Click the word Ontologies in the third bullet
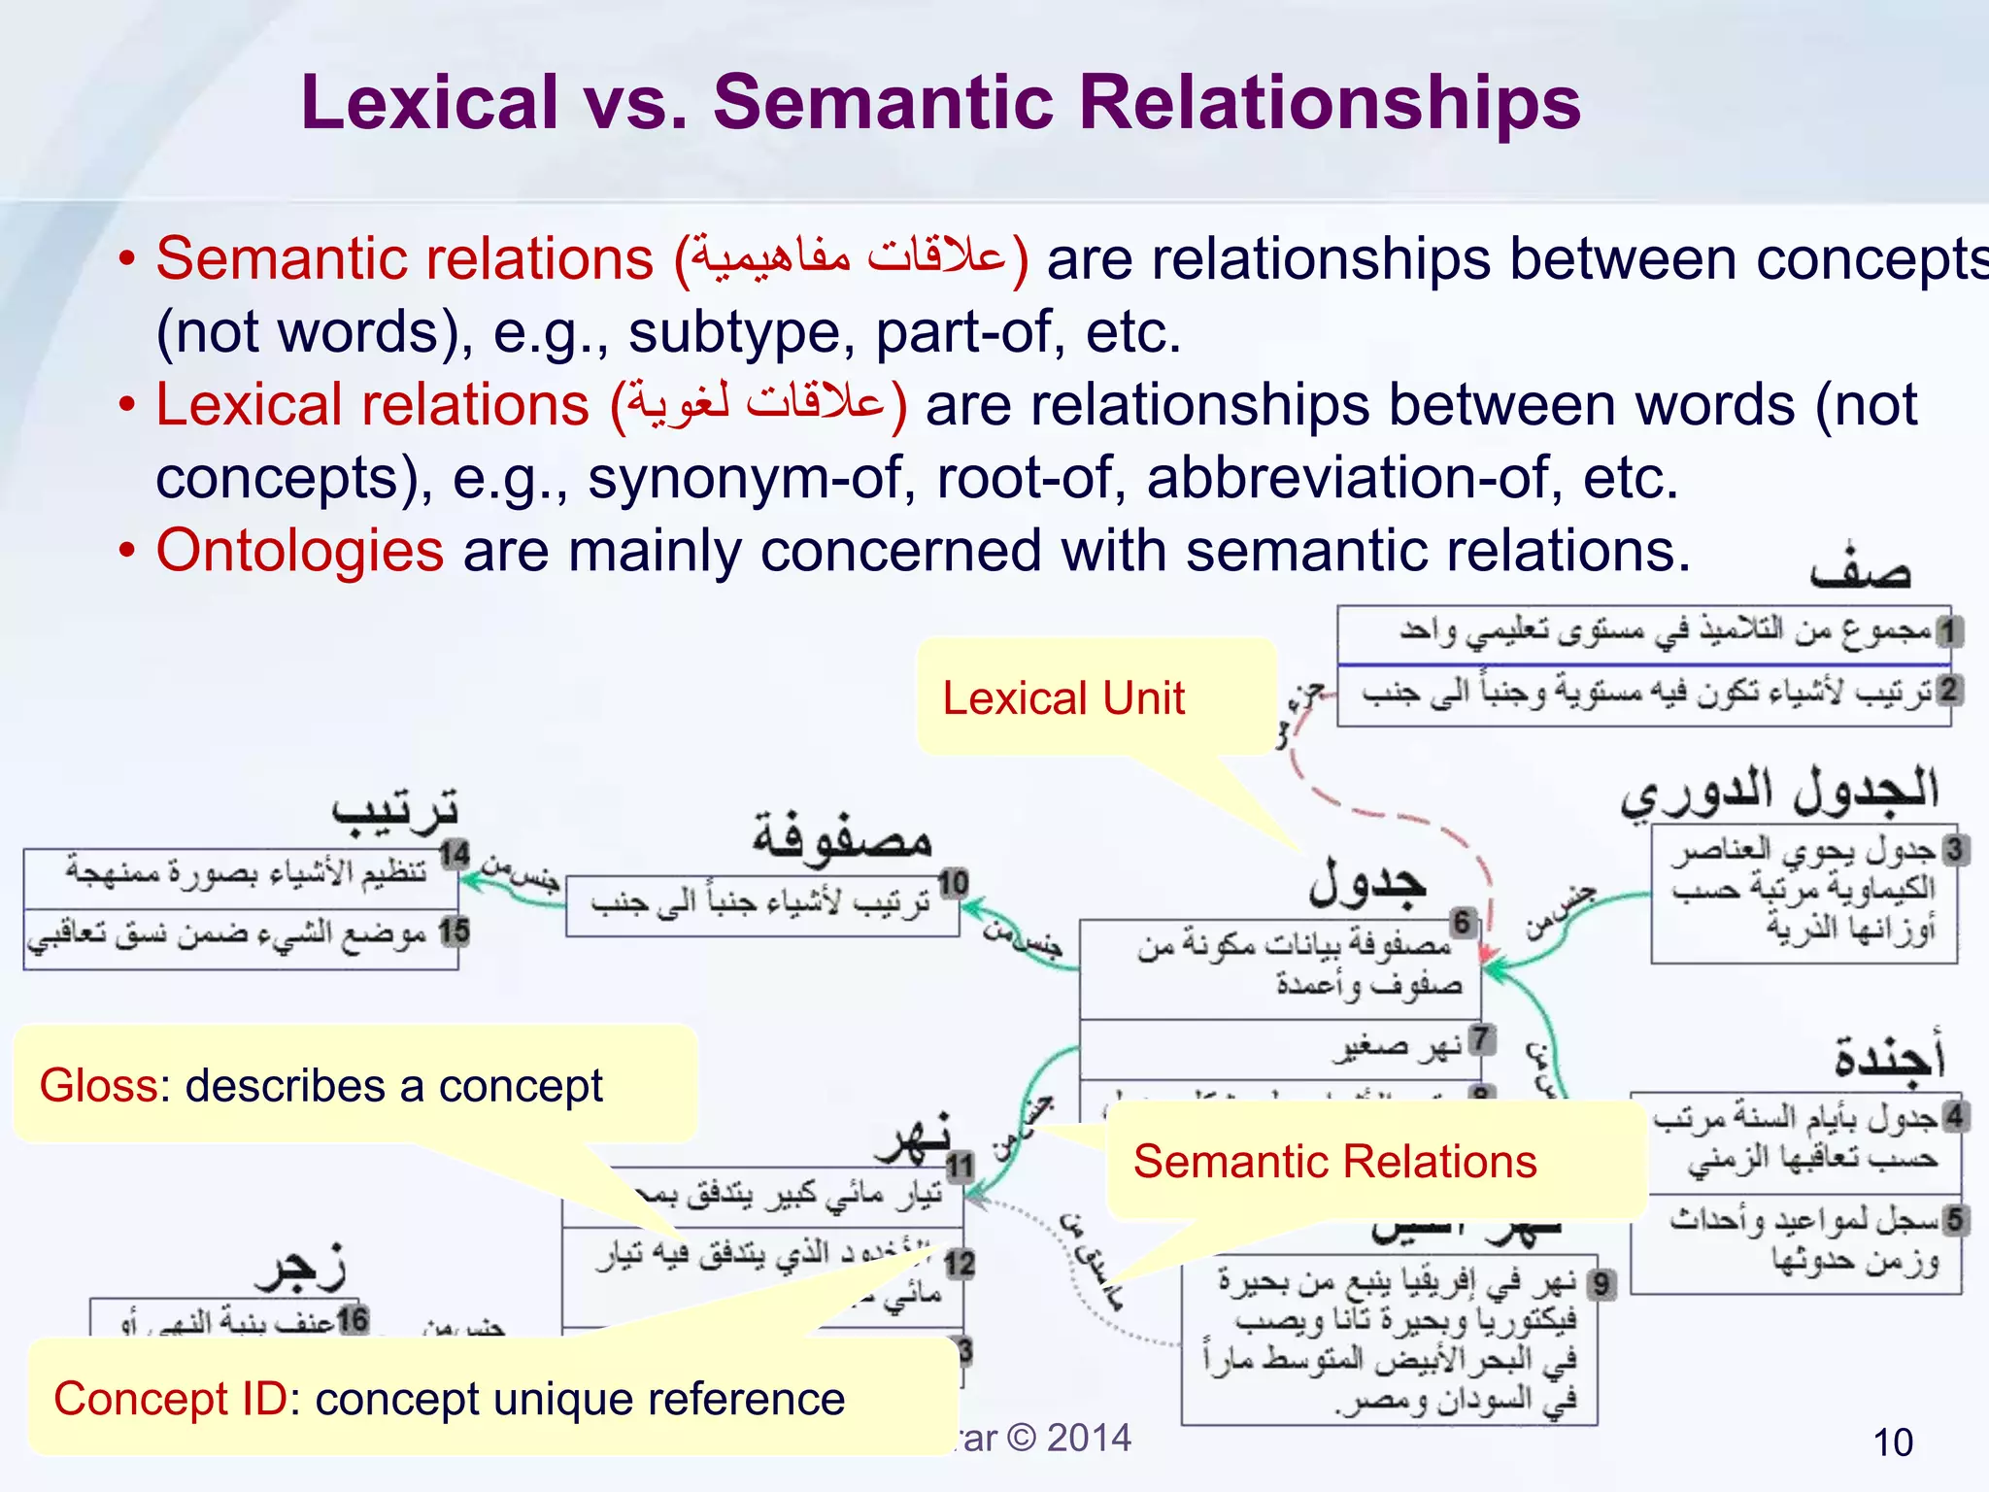[x=299, y=551]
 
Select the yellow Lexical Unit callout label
[x=1063, y=698]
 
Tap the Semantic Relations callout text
[x=1334, y=1162]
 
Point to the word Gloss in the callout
[x=97, y=1086]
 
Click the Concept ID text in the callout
[x=170, y=1400]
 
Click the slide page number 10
[x=1892, y=1442]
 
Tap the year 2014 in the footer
[x=1089, y=1438]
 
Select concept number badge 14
[x=454, y=856]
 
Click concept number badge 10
[x=953, y=883]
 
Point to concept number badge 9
[x=1601, y=1285]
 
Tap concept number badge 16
[x=353, y=1320]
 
